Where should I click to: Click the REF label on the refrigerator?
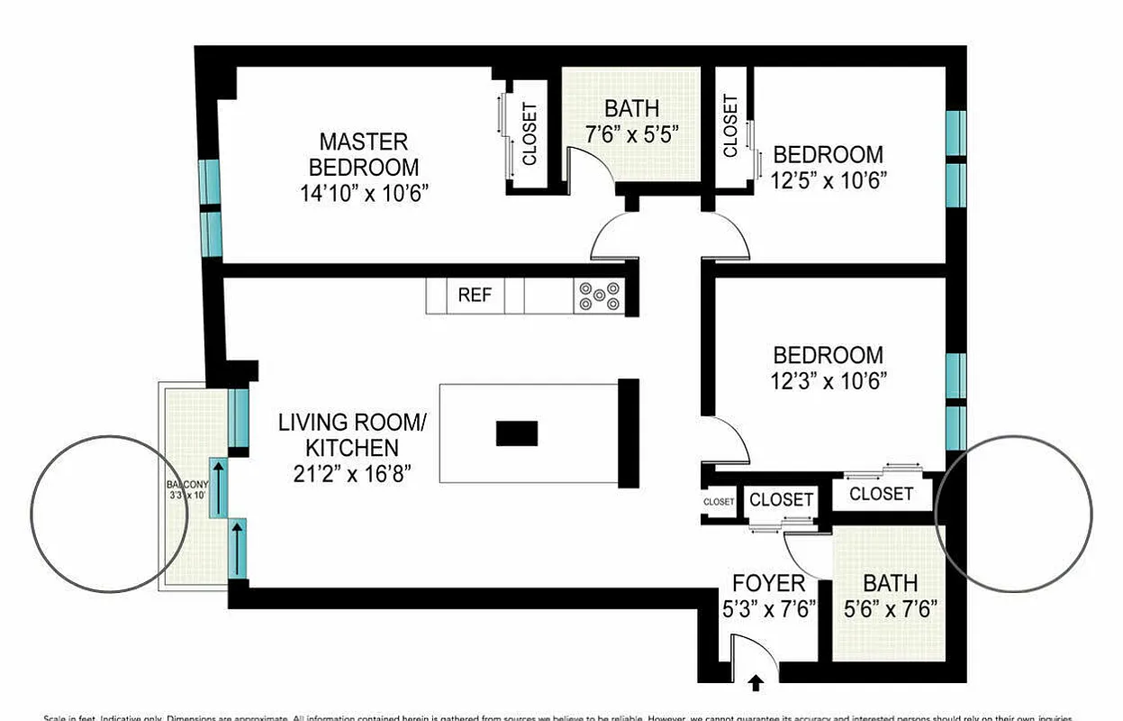475,296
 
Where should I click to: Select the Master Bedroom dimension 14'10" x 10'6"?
364,192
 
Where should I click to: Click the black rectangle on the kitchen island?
517,434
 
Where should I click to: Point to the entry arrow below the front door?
756,684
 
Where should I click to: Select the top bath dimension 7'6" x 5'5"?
631,132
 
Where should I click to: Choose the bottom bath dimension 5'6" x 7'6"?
891,608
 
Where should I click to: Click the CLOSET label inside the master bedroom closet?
530,133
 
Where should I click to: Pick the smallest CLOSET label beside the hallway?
719,502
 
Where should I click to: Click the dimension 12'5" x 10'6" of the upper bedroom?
829,178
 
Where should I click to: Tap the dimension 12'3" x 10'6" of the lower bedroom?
829,380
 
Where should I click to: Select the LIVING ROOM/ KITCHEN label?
350,434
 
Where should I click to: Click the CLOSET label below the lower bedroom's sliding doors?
880,494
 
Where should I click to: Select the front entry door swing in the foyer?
747,653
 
